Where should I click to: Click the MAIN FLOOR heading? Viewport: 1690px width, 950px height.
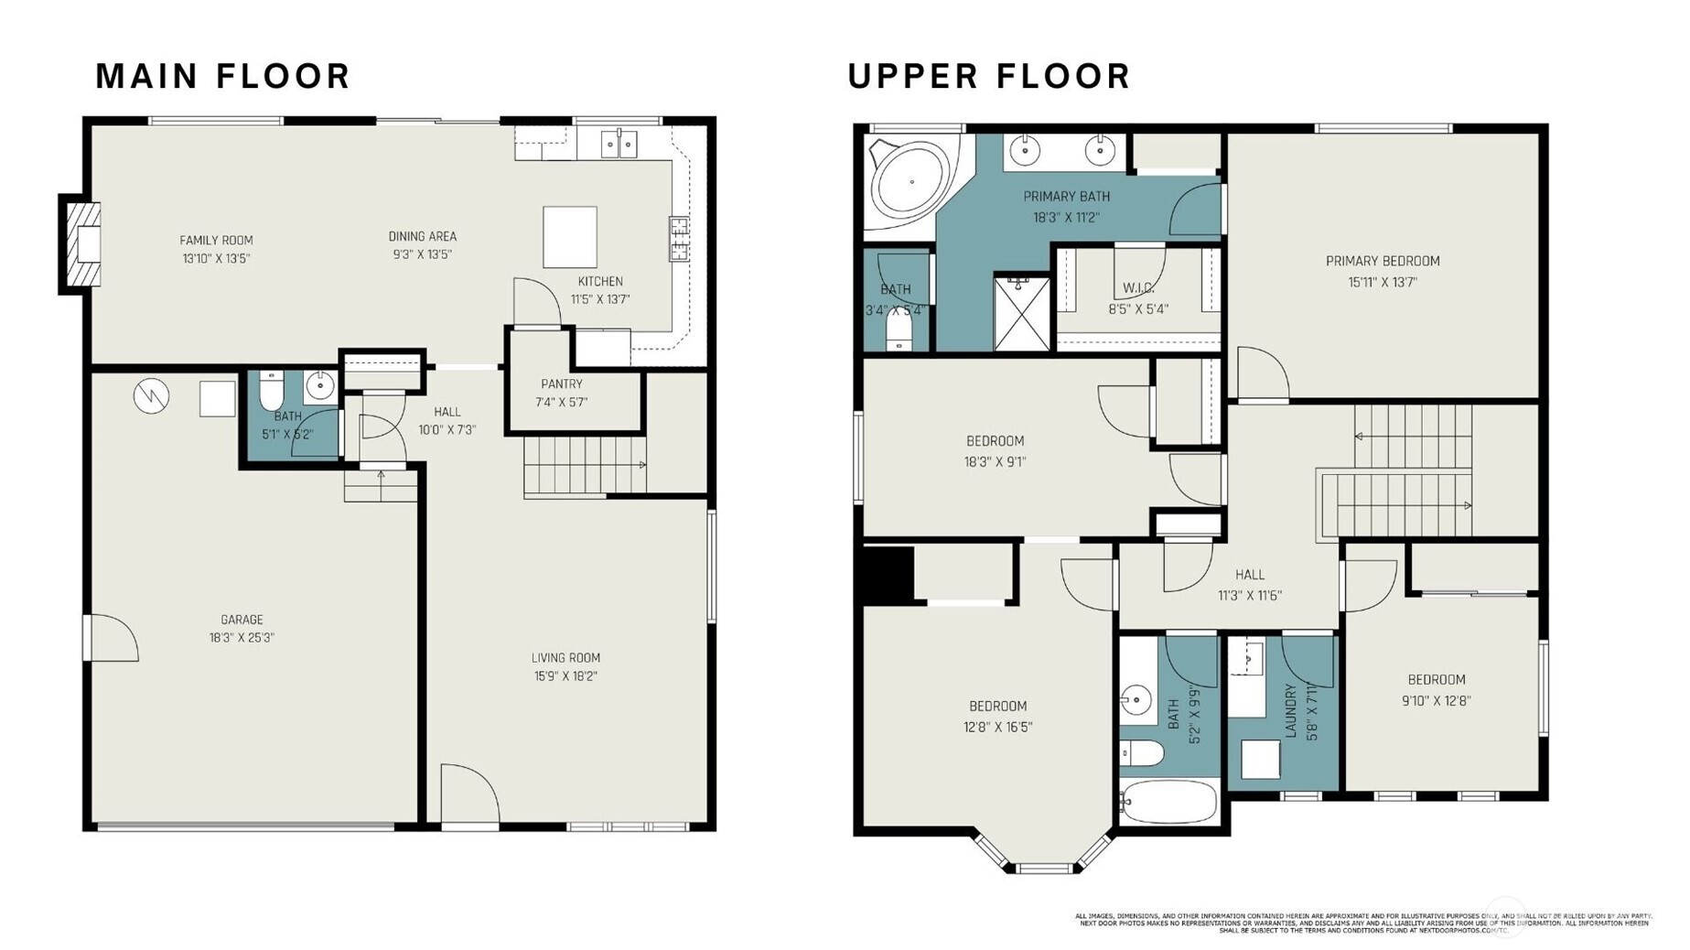pyautogui.click(x=222, y=76)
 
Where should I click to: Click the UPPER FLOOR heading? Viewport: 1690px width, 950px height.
pyautogui.click(x=988, y=76)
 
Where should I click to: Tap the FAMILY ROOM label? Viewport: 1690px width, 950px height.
pyautogui.click(x=216, y=241)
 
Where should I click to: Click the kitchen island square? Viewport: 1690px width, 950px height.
pyautogui.click(x=569, y=236)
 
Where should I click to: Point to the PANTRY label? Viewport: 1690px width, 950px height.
pyautogui.click(x=561, y=384)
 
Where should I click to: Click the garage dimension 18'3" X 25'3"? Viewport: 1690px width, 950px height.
pyautogui.click(x=242, y=638)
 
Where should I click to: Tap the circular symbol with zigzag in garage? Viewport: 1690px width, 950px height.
pyautogui.click(x=151, y=396)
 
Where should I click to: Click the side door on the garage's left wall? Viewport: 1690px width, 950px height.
pyautogui.click(x=110, y=638)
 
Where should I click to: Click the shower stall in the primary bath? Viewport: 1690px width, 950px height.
pyautogui.click(x=1021, y=313)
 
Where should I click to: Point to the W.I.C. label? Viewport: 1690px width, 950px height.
pyautogui.click(x=1138, y=288)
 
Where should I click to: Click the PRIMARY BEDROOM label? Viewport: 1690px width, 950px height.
pyautogui.click(x=1382, y=262)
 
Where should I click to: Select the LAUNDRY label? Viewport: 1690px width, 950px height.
pyautogui.click(x=1291, y=710)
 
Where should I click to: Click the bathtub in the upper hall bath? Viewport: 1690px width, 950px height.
pyautogui.click(x=1168, y=803)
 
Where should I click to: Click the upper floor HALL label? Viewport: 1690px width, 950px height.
pyautogui.click(x=1249, y=575)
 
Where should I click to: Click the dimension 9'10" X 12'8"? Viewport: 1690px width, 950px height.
pyautogui.click(x=1436, y=701)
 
